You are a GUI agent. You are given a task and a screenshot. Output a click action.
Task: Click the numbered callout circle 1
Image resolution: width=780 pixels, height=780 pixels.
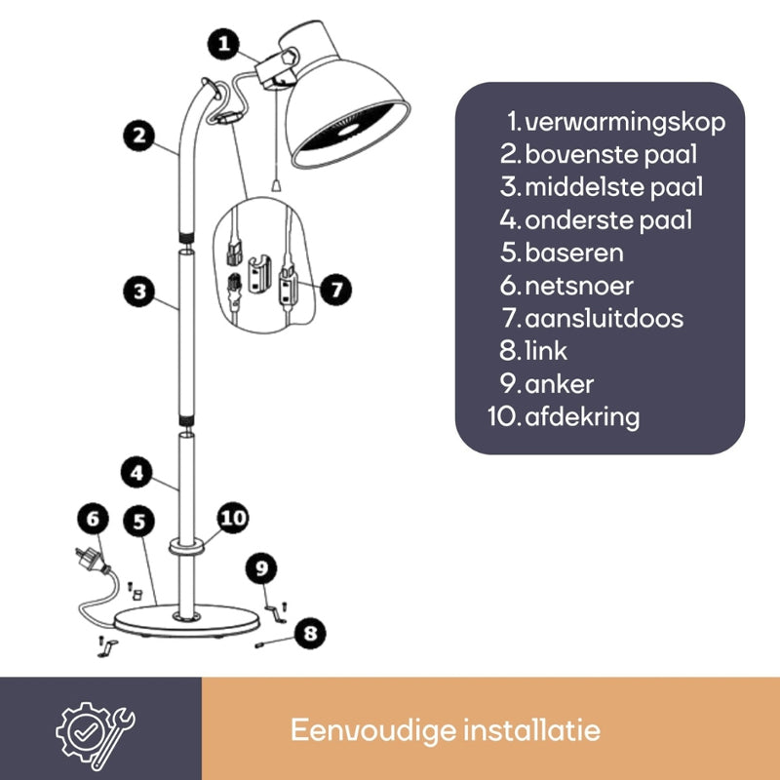[x=224, y=43]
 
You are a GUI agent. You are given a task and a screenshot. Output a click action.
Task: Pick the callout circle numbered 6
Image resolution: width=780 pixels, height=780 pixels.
[x=94, y=519]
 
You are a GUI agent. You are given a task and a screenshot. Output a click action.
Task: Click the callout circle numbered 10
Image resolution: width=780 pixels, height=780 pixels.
[x=233, y=518]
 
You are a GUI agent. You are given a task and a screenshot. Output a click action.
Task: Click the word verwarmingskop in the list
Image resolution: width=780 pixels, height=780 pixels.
[x=625, y=121]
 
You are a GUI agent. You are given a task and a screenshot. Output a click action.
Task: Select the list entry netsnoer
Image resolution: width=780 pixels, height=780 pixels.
[x=579, y=285]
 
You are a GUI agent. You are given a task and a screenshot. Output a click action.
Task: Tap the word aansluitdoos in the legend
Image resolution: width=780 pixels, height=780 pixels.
[x=604, y=318]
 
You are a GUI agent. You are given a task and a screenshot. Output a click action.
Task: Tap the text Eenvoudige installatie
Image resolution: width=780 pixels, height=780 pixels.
[x=446, y=729]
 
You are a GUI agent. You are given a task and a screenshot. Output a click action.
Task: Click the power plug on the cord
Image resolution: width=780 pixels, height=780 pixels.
[x=93, y=565]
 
